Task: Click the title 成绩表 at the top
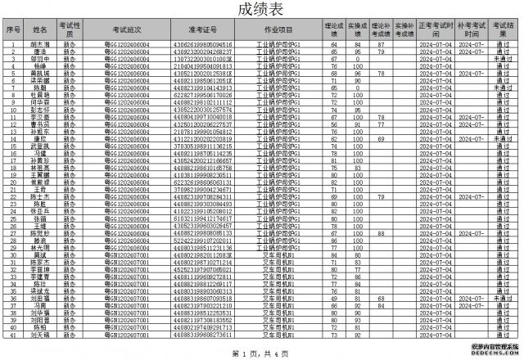(261, 11)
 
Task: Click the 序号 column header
(12, 30)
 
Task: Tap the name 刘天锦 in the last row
(39, 335)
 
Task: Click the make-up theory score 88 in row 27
(370, 233)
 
